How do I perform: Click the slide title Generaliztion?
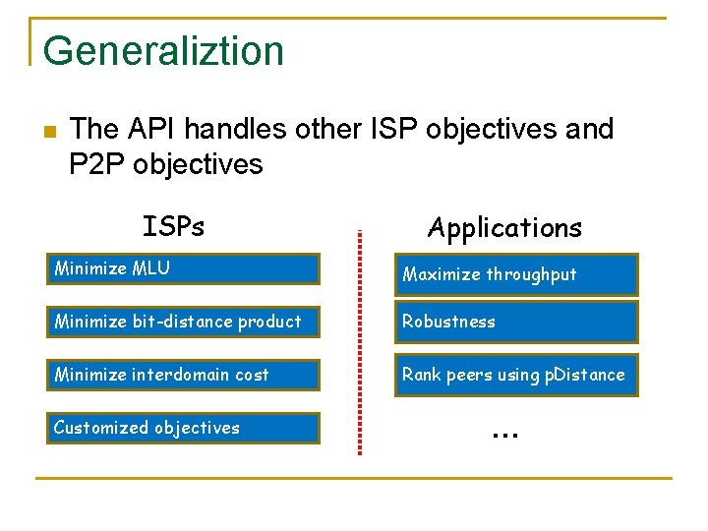point(163,51)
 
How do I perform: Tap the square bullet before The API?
point(51,132)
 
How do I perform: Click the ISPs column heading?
point(173,227)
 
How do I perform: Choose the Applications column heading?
point(504,228)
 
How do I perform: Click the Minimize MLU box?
point(183,268)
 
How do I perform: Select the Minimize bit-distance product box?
point(183,322)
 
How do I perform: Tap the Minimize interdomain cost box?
point(183,375)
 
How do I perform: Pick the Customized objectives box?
point(183,428)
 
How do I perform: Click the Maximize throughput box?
point(516,274)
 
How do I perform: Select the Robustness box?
point(516,322)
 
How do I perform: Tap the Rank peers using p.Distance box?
point(516,375)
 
